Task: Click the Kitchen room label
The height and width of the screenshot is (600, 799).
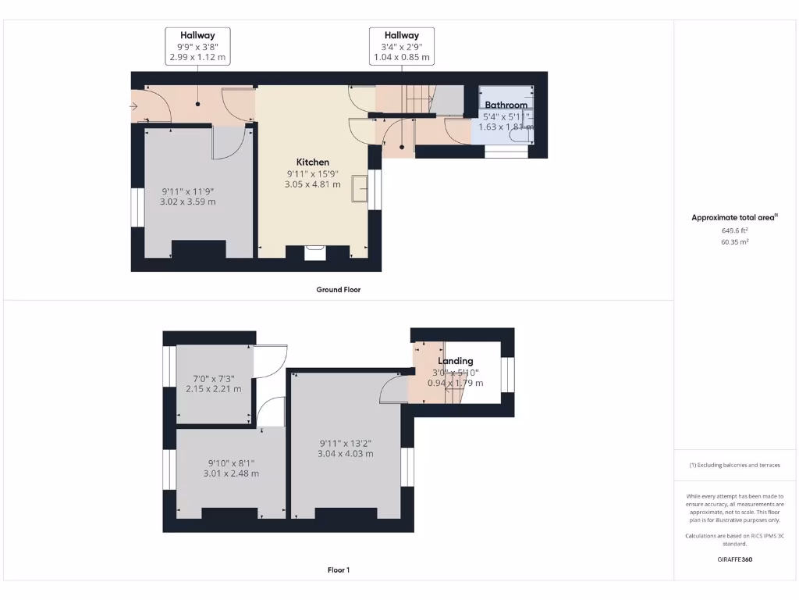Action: coord(312,162)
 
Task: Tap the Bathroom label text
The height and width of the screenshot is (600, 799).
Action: coord(506,105)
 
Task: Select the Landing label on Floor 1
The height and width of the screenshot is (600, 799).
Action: coord(455,361)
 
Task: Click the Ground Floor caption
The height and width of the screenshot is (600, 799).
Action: coord(338,290)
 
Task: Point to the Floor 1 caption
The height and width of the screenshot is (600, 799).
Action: coord(338,570)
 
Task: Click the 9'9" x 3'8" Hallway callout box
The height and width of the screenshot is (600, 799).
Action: coord(197,46)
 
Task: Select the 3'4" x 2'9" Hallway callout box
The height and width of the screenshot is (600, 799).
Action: coord(401,46)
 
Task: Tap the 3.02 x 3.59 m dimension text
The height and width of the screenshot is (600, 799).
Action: coord(187,202)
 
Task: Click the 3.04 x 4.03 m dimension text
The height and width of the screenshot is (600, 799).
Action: coord(345,453)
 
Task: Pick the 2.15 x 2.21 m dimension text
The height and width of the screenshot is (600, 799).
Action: coord(213,389)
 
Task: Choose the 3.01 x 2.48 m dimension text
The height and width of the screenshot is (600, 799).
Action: coord(230,473)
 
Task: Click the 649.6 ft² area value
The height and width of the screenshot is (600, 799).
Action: coord(735,230)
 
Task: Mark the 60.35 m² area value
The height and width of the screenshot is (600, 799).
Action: coord(735,242)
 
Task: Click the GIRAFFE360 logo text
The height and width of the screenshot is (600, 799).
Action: coord(735,559)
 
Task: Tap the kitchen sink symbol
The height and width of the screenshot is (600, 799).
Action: coord(360,188)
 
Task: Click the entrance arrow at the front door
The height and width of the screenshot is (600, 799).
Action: coord(134,108)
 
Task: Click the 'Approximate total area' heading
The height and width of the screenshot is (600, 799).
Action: coord(734,218)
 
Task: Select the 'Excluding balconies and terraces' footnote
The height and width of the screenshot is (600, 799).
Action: coord(734,465)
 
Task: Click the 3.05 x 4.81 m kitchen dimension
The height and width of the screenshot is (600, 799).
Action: coord(312,184)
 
